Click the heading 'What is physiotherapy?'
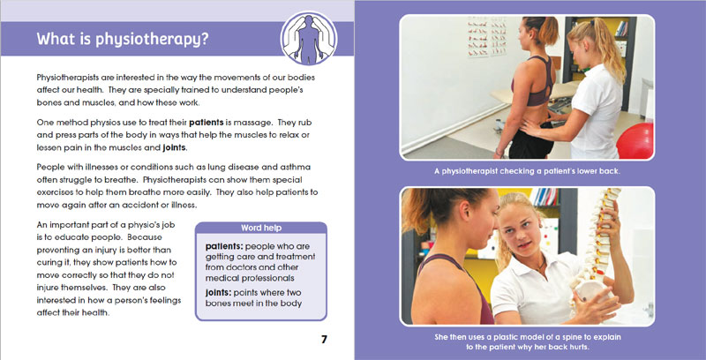tap(123, 39)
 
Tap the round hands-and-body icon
tap(309, 38)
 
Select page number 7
tap(324, 340)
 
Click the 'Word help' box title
tap(261, 228)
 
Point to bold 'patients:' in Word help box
tap(224, 246)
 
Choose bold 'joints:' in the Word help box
tap(219, 293)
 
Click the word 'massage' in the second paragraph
tap(257, 123)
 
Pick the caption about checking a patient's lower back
tap(527, 171)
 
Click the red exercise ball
tap(635, 141)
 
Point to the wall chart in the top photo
tap(487, 37)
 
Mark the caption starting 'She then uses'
tap(527, 342)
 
